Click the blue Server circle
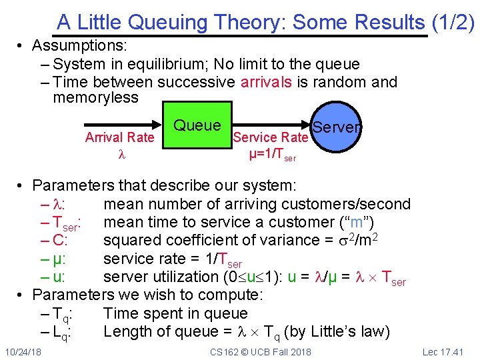click(x=337, y=127)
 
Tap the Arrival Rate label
click(x=119, y=137)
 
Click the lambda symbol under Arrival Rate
click(x=121, y=154)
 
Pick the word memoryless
click(x=95, y=98)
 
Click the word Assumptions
click(x=79, y=47)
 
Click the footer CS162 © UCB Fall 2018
click(x=261, y=351)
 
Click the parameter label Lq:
click(x=61, y=332)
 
